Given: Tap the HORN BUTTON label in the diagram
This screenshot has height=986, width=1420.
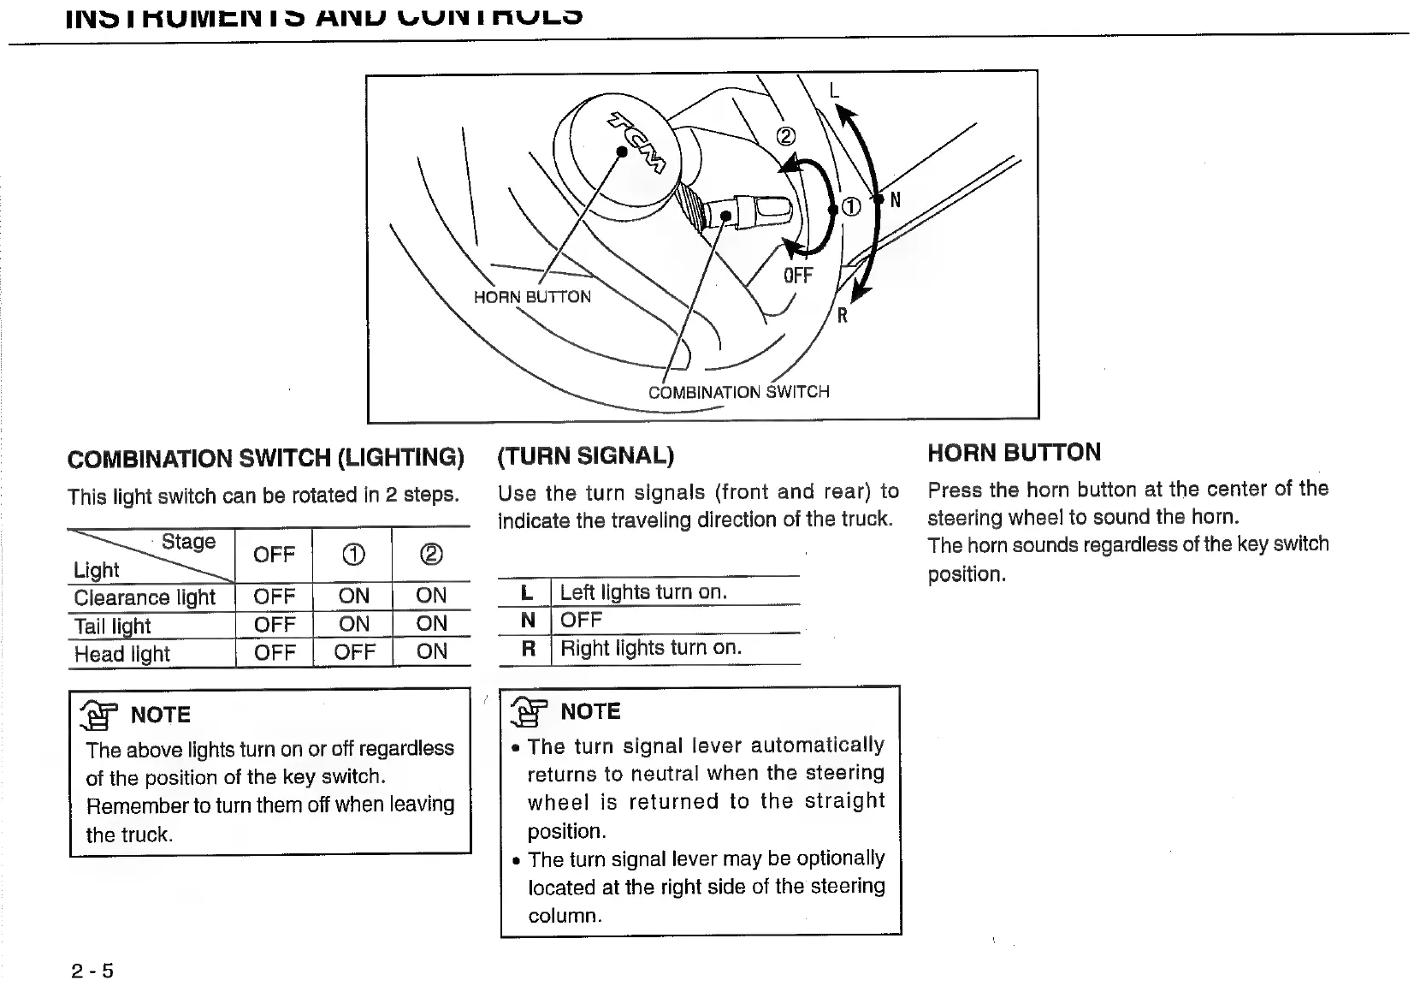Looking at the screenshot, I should pyautogui.click(x=532, y=297).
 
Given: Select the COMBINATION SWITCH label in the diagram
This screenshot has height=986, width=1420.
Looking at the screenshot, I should pyautogui.click(x=738, y=392).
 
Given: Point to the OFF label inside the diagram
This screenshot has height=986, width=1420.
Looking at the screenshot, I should pyautogui.click(x=797, y=276).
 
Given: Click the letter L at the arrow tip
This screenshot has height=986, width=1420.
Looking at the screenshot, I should pyautogui.click(x=835, y=91).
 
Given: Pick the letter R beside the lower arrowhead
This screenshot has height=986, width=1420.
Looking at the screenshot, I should pyautogui.click(x=843, y=316).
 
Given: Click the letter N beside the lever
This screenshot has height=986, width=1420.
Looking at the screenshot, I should pyautogui.click(x=896, y=200).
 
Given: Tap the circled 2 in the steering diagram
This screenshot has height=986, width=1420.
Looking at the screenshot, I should pyautogui.click(x=785, y=137).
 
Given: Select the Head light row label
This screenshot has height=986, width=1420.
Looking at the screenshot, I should pyautogui.click(x=122, y=654).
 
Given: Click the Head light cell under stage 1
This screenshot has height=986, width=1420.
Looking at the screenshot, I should pyautogui.click(x=354, y=652).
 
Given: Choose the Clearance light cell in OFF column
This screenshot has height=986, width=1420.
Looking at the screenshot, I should pyautogui.click(x=274, y=596).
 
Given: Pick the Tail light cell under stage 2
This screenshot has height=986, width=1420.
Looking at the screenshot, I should pyautogui.click(x=431, y=624).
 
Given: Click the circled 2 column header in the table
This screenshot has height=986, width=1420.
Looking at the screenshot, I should pyautogui.click(x=431, y=555).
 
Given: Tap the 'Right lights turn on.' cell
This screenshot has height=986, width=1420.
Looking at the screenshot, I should pyautogui.click(x=651, y=648).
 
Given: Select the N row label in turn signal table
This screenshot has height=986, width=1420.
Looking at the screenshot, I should pyautogui.click(x=528, y=620).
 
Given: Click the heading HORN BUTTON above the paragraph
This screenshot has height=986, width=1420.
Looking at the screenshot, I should pyautogui.click(x=1014, y=453).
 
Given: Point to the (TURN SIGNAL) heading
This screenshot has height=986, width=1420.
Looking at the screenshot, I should pyautogui.click(x=586, y=455).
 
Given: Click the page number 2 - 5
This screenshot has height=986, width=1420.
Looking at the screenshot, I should pyautogui.click(x=92, y=971).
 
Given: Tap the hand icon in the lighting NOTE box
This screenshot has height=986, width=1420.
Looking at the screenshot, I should pyautogui.click(x=97, y=715).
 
